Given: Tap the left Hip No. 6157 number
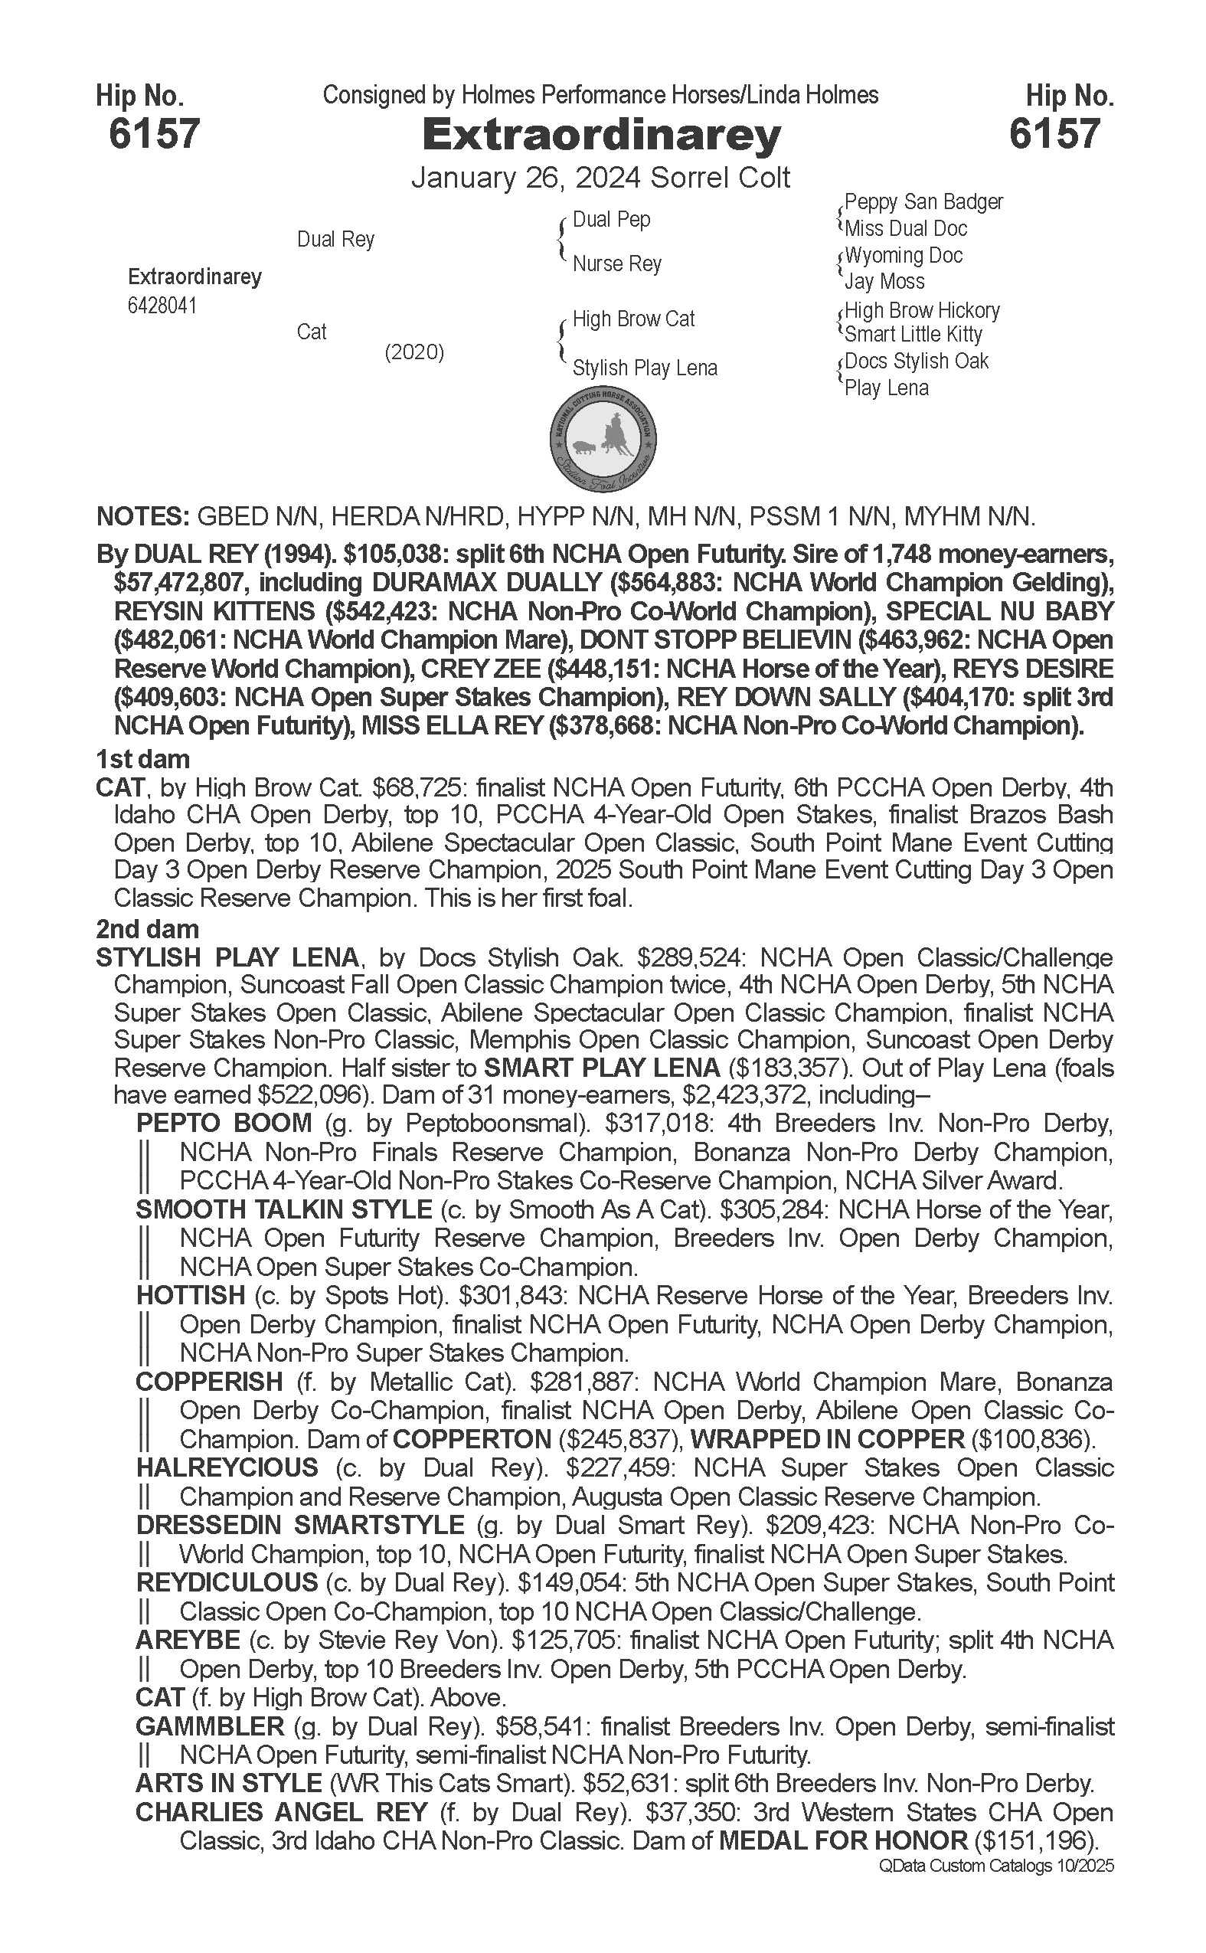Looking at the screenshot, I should pyautogui.click(x=154, y=133).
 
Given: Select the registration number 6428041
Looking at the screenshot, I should pyautogui.click(x=162, y=306).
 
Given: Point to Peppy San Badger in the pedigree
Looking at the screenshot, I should pyautogui.click(x=923, y=202).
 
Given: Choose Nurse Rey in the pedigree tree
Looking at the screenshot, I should pyautogui.click(x=616, y=264).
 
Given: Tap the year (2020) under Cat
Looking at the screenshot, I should pyautogui.click(x=414, y=352).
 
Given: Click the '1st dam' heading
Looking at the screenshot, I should pyautogui.click(x=142, y=759).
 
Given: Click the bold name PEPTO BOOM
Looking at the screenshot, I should pyautogui.click(x=224, y=1124).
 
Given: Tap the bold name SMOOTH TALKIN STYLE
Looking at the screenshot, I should pyautogui.click(x=283, y=1209).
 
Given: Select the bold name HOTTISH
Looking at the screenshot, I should pyautogui.click(x=191, y=1295).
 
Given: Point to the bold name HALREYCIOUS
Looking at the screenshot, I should pyautogui.click(x=227, y=1467).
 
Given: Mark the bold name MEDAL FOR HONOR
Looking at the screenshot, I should pyautogui.click(x=843, y=1840).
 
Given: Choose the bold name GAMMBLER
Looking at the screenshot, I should pyautogui.click(x=210, y=1726).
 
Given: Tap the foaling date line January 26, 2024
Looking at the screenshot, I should pyautogui.click(x=527, y=177).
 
